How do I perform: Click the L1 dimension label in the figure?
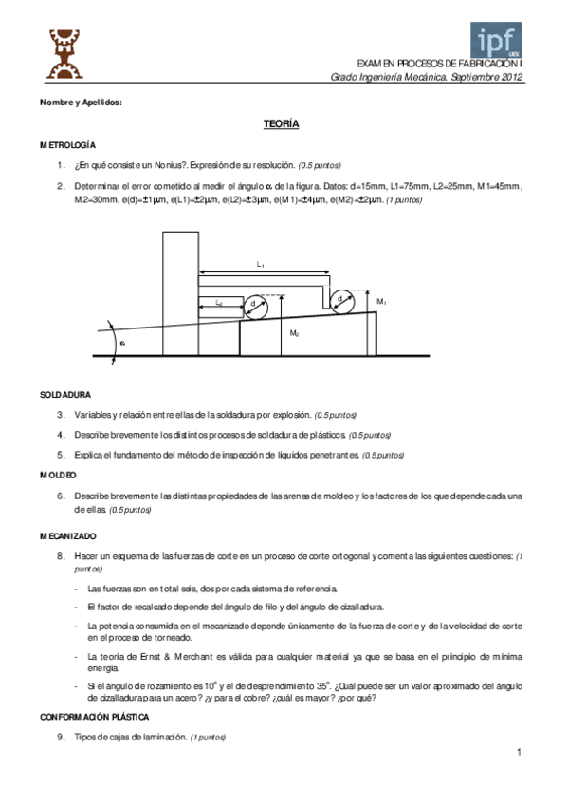point(261,264)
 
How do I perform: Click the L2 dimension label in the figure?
point(219,302)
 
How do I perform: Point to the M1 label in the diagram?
point(381,301)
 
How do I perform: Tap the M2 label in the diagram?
point(295,333)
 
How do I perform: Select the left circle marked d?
point(256,306)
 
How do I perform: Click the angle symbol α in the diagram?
point(122,344)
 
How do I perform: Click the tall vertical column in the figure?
point(179,290)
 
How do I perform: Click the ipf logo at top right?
point(497,41)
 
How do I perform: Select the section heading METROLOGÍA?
point(67,144)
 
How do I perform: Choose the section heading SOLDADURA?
point(65,393)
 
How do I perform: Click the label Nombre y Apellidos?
point(81,102)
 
